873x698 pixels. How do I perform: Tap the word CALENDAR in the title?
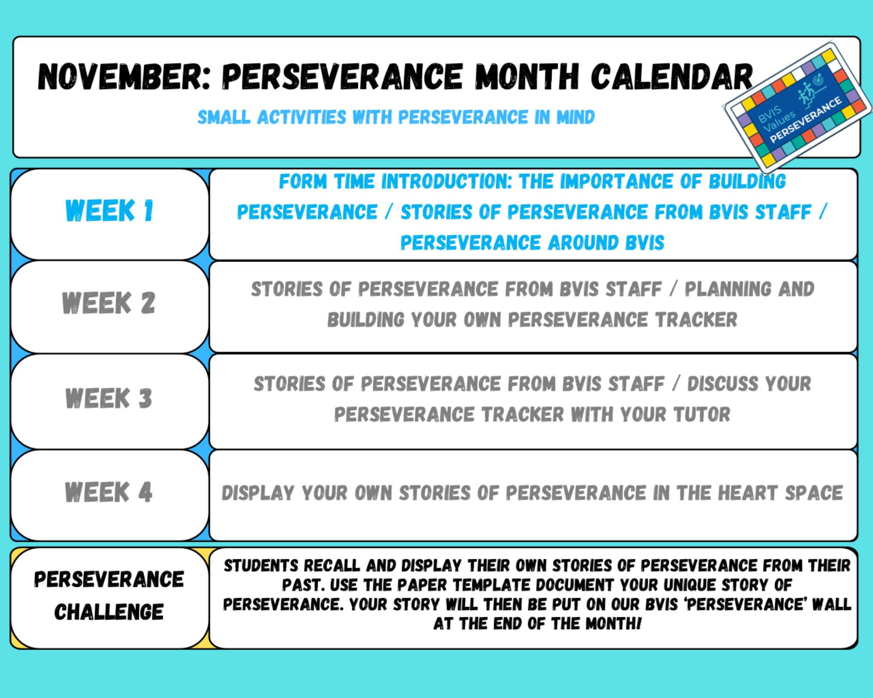(672, 77)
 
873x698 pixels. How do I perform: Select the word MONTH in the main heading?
(527, 77)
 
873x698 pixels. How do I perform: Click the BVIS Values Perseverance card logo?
(798, 107)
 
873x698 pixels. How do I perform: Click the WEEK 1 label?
(109, 211)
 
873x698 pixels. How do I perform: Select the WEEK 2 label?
(109, 303)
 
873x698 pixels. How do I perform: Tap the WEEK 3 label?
(109, 398)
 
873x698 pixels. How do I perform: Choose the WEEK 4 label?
(109, 492)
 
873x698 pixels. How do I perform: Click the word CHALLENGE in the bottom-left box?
(109, 612)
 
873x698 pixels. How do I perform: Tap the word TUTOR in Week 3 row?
(701, 414)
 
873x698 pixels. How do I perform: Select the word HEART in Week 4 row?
(748, 493)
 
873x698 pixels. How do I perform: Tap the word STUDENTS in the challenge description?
(261, 565)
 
